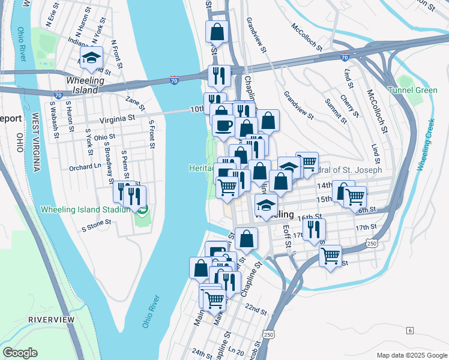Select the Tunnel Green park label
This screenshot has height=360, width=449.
[412, 91]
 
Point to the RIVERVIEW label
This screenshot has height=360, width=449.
[52, 320]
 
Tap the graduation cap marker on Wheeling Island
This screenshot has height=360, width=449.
[91, 58]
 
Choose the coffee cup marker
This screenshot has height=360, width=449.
[224, 126]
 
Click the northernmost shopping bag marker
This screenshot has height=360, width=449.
[218, 31]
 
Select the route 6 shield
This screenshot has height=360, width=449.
[410, 331]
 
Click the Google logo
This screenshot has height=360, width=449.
[20, 353]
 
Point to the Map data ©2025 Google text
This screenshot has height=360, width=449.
[411, 355]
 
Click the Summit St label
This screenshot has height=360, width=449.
[336, 110]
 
